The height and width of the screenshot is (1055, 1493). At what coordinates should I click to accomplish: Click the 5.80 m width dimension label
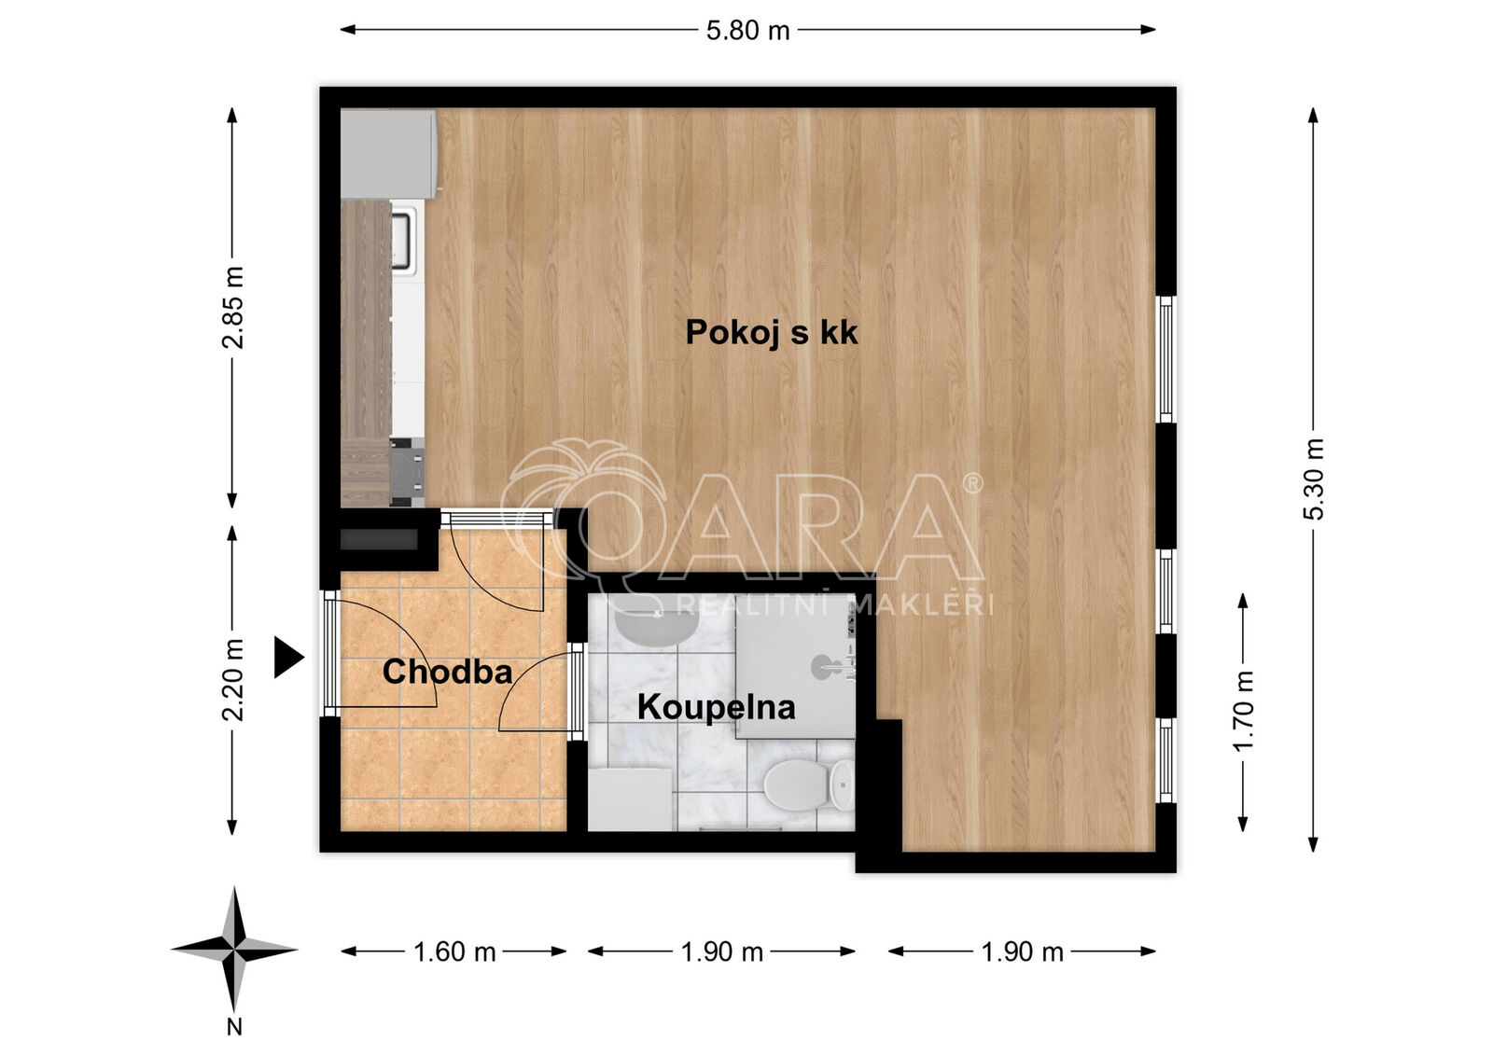click(x=747, y=31)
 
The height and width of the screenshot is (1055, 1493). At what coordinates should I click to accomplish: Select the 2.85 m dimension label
click(x=233, y=307)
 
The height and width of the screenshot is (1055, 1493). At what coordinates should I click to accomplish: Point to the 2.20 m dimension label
click(x=233, y=680)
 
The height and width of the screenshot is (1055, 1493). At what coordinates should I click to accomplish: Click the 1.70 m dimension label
click(x=1244, y=711)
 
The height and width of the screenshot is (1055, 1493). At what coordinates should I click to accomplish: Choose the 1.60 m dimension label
click(x=454, y=951)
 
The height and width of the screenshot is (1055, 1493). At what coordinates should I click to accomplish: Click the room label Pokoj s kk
click(x=772, y=333)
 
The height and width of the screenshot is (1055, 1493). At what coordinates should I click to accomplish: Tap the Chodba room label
click(x=447, y=672)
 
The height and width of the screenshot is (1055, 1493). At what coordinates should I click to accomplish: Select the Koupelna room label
click(x=717, y=708)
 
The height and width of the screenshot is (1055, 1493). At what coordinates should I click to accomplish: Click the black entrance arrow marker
click(x=288, y=657)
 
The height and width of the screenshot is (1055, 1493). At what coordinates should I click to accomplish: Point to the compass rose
click(x=234, y=949)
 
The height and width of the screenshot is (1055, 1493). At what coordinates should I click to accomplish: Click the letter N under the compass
click(x=234, y=1027)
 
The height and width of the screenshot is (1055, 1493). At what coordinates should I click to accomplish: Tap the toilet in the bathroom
click(x=808, y=785)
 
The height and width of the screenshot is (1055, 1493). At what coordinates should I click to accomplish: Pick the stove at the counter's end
click(x=407, y=471)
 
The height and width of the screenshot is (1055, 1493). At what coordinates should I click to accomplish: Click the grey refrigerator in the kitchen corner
click(x=388, y=154)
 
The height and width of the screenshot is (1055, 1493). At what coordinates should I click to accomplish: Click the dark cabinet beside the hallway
click(x=379, y=540)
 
